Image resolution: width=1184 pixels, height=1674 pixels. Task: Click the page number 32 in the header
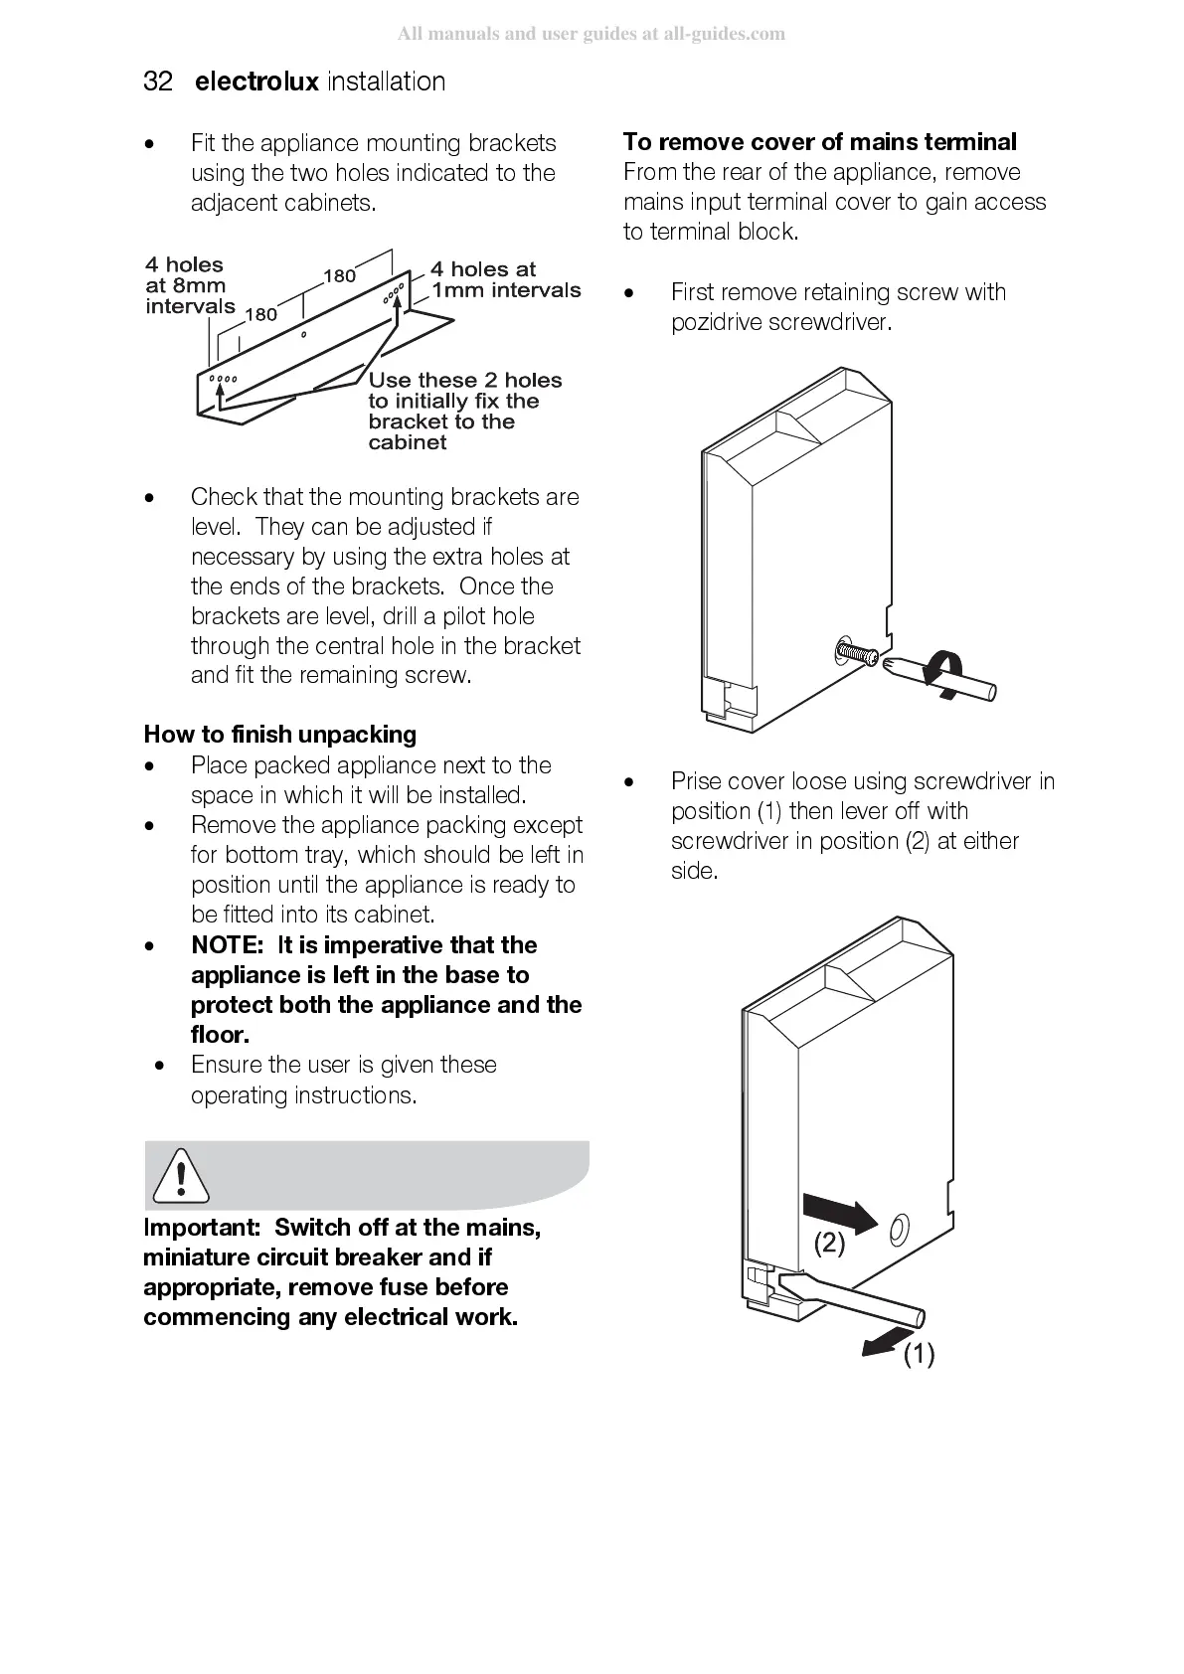[158, 82]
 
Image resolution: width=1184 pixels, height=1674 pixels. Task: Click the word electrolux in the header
[256, 82]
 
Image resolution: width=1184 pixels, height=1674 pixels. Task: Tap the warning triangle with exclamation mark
[181, 1175]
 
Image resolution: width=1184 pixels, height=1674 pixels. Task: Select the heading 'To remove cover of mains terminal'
[820, 142]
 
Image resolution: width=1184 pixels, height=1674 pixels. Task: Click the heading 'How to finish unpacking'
[279, 735]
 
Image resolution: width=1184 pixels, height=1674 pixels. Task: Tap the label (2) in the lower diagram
[830, 1243]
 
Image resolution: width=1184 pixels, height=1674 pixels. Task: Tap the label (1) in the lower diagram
[919, 1353]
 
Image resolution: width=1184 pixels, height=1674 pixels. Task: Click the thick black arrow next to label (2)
[839, 1213]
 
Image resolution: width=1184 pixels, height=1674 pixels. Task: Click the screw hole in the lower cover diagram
[898, 1230]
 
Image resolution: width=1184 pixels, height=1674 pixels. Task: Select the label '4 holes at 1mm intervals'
[505, 280]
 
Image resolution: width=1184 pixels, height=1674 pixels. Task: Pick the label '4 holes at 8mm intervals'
[189, 285]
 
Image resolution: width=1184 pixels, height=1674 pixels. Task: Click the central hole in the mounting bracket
[304, 335]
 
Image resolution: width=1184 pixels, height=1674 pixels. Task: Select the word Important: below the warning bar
[201, 1228]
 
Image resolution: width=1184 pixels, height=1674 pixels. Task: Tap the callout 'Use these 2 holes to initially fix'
[464, 411]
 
